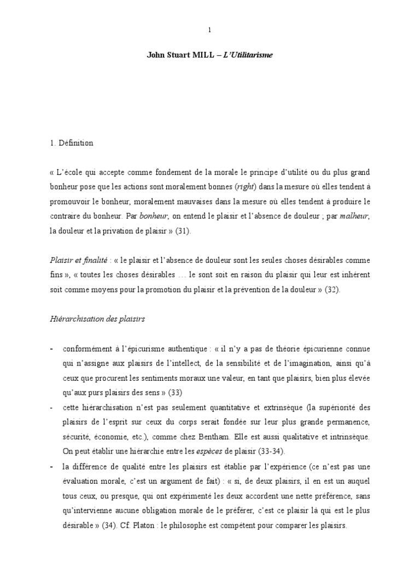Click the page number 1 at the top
click(x=209, y=31)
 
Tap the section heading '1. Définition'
click(x=71, y=143)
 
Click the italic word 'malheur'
click(x=354, y=216)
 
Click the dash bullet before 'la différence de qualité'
click(x=51, y=467)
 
